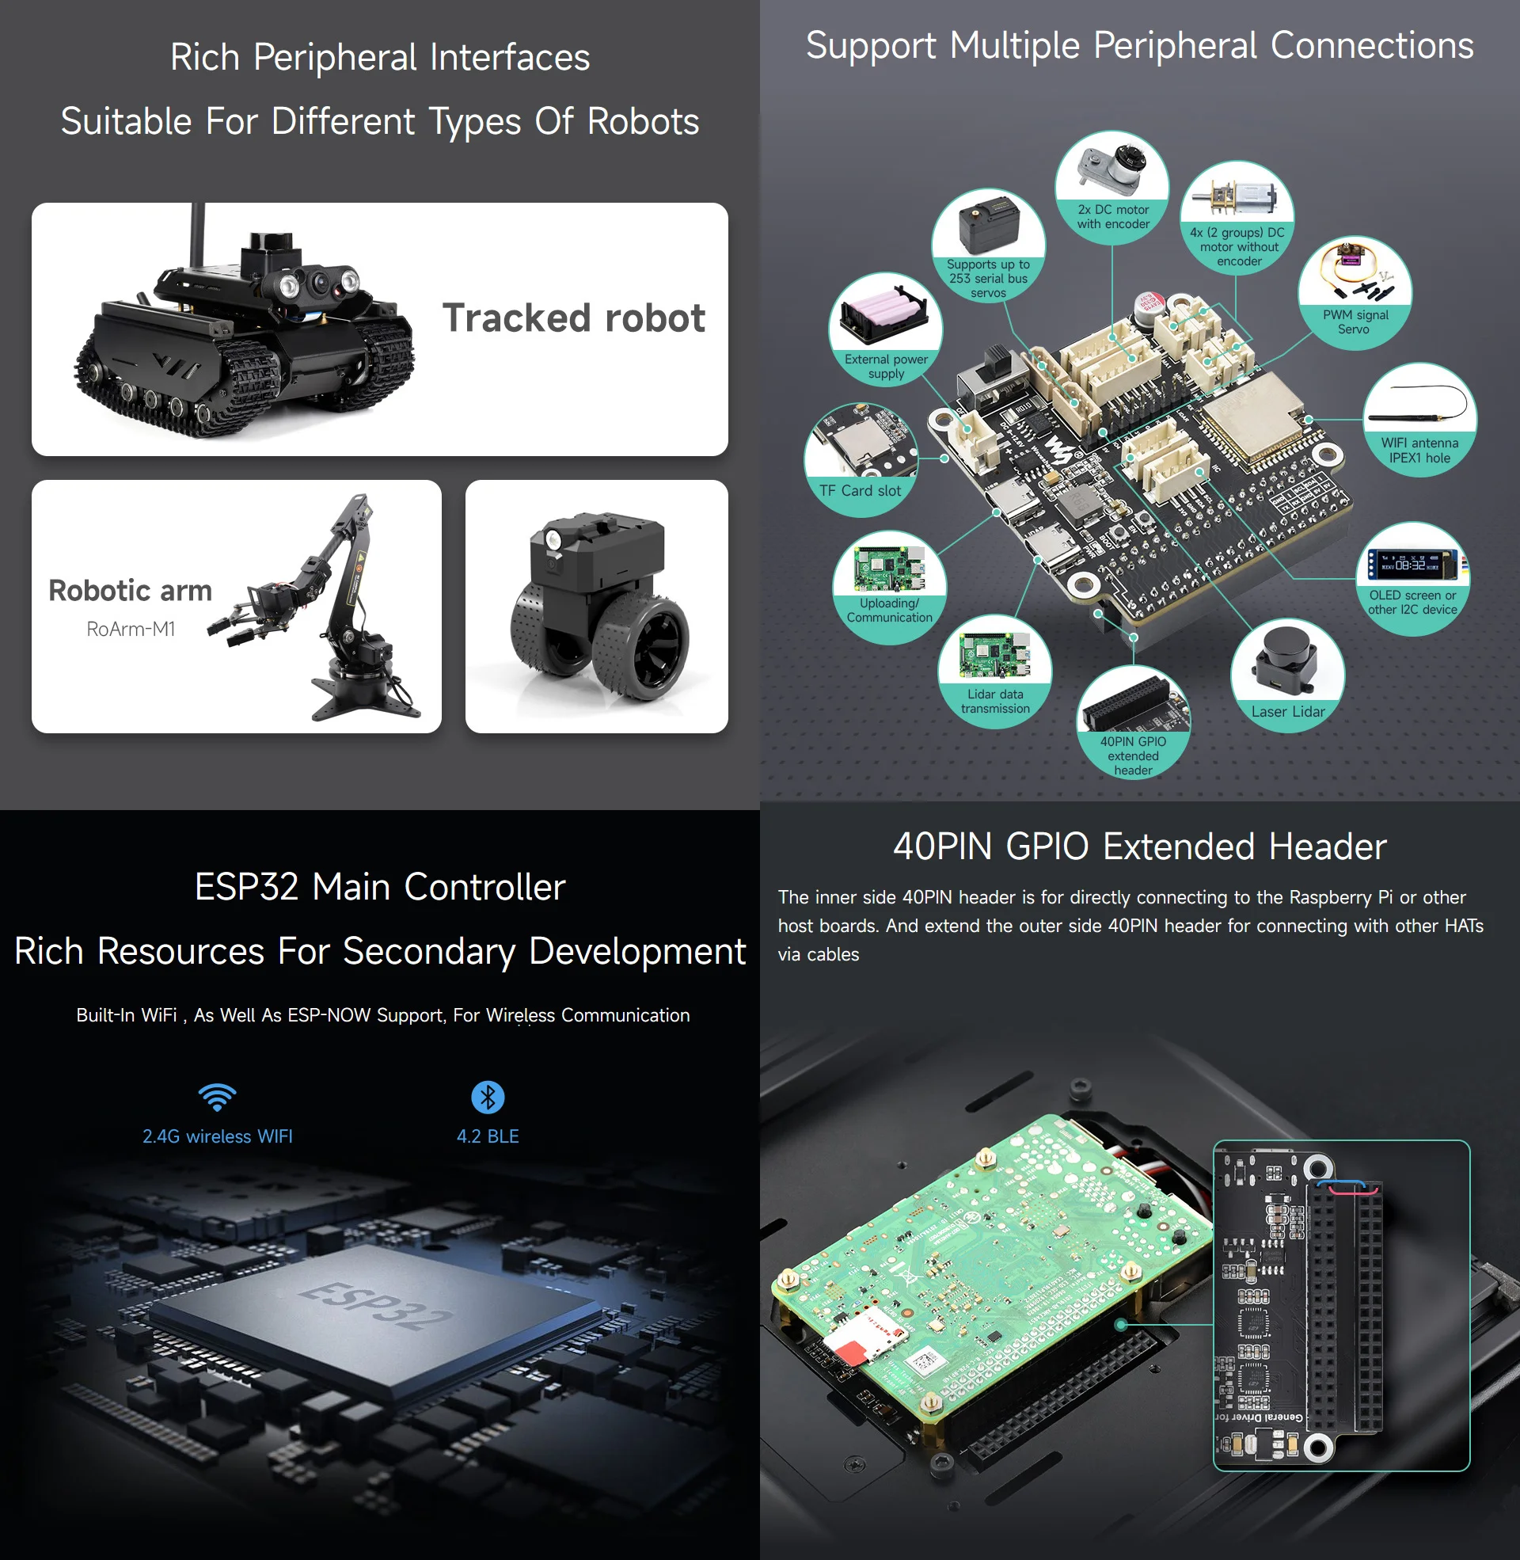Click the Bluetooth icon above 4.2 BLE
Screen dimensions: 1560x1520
click(488, 1097)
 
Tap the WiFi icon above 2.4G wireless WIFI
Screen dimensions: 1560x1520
click(217, 1098)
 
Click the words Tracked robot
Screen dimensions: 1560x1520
click(573, 318)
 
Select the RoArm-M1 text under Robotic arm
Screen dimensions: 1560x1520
click(131, 629)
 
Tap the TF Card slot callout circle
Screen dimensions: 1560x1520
click(861, 460)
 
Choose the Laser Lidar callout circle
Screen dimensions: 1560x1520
click(1287, 675)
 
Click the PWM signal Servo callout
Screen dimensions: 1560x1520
click(1355, 293)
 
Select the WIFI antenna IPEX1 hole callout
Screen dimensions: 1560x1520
click(1419, 420)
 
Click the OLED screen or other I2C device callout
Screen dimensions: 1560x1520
click(1412, 579)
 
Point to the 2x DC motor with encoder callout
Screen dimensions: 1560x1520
click(1113, 188)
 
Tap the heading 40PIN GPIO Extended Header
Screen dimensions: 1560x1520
click(1139, 847)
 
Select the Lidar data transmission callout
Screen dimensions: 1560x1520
click(994, 672)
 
